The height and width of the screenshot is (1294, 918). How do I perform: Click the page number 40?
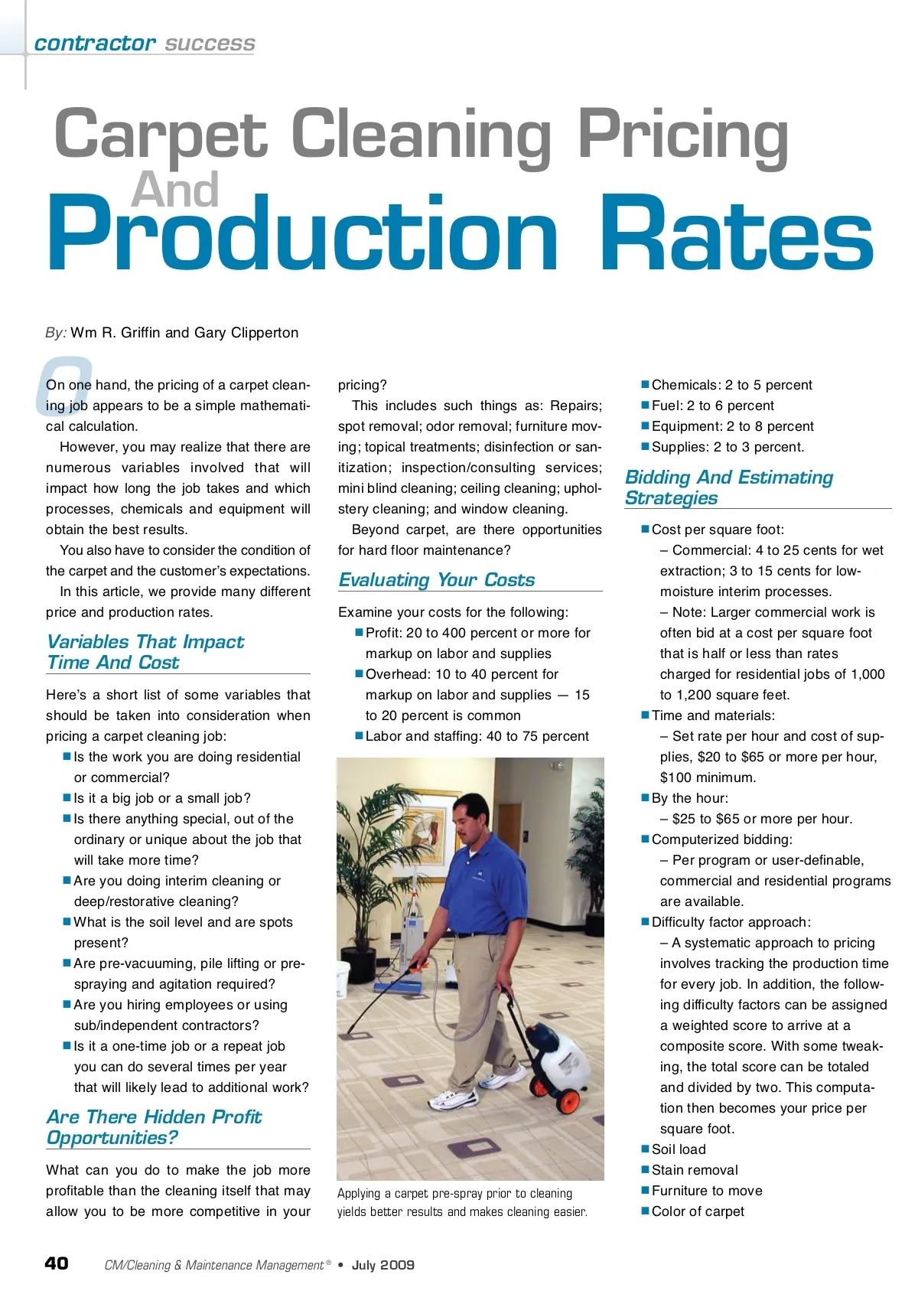point(57,1263)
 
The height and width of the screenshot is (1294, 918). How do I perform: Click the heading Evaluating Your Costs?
point(437,579)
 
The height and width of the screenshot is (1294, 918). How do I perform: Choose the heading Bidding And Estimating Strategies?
point(728,487)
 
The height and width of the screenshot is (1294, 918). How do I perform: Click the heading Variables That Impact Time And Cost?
point(145,652)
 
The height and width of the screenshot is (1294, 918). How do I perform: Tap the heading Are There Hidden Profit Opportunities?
point(154,1127)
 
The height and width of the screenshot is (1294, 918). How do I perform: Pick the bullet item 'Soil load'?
point(679,1149)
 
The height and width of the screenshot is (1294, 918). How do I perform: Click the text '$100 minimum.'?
point(708,777)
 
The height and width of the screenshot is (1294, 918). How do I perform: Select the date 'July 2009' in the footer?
point(382,1265)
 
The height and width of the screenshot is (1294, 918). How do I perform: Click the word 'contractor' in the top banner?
point(95,44)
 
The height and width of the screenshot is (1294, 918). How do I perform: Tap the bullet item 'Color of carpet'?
point(698,1211)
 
